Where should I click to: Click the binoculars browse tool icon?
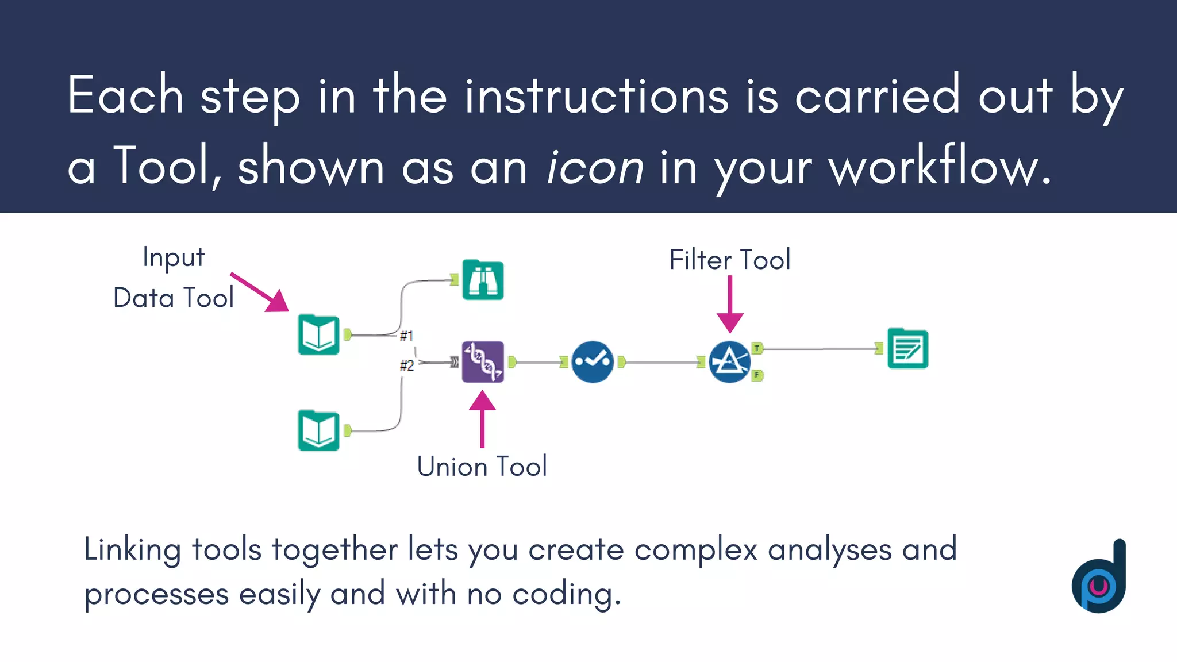(x=483, y=280)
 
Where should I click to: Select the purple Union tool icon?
(x=483, y=362)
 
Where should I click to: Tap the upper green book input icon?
(x=319, y=334)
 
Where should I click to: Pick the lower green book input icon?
(x=319, y=430)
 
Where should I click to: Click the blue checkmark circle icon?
(x=593, y=362)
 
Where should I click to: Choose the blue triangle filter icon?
(x=729, y=362)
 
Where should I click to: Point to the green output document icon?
(x=907, y=348)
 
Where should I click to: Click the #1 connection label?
(x=406, y=336)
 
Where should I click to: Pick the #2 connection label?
(x=406, y=365)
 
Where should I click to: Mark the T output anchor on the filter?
(x=757, y=348)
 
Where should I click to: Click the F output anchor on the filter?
(x=757, y=375)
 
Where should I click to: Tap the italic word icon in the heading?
(x=595, y=167)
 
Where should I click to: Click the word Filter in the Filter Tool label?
(x=700, y=260)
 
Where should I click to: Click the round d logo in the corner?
(x=1099, y=578)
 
